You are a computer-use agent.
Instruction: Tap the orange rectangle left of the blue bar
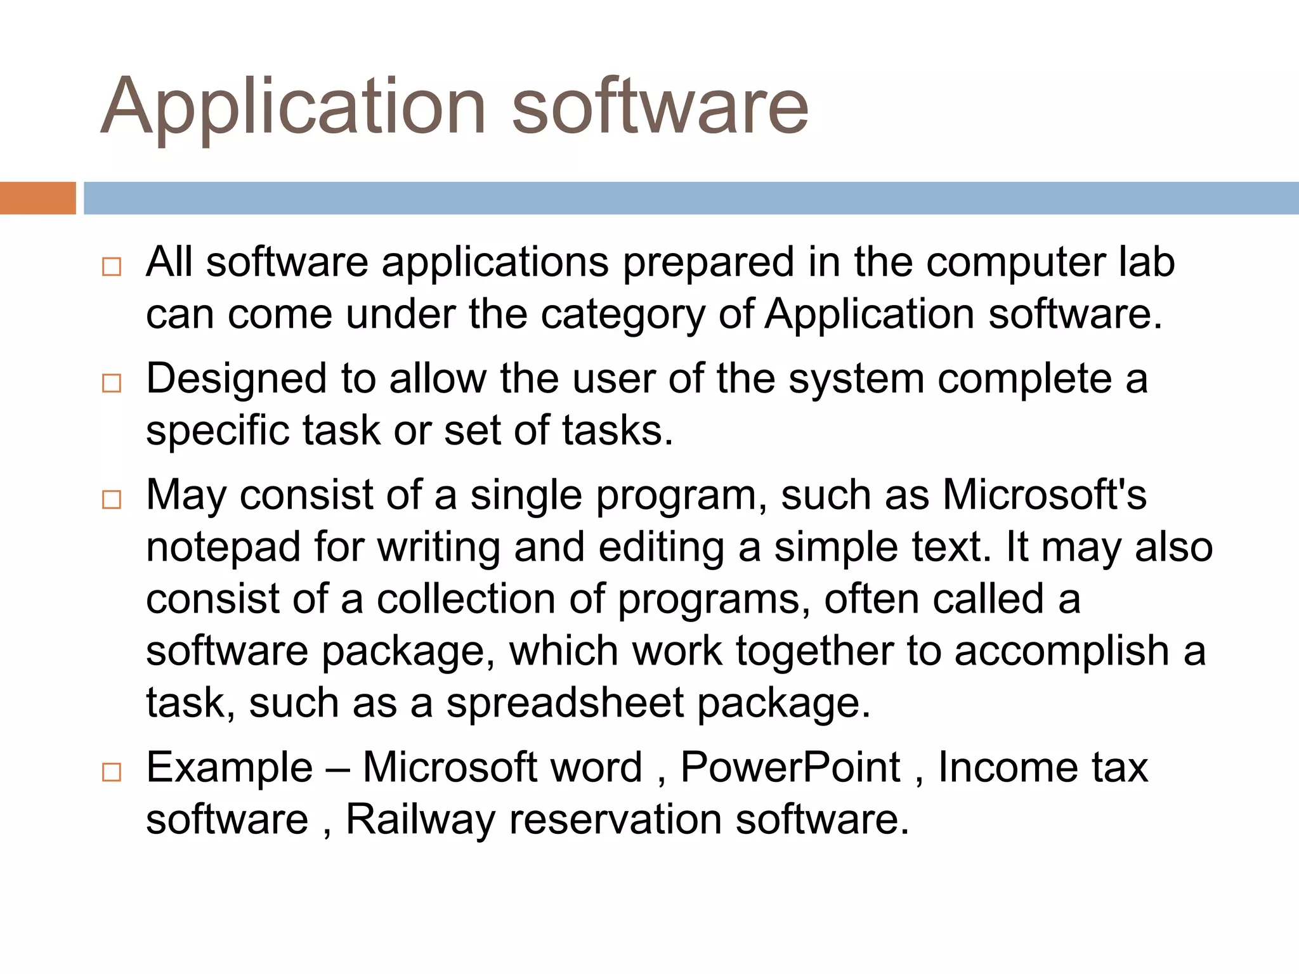click(x=37, y=198)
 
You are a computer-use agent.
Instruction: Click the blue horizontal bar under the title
click(x=691, y=198)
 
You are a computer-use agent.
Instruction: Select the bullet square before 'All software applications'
click(x=112, y=267)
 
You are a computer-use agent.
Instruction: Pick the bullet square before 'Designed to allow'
click(x=112, y=383)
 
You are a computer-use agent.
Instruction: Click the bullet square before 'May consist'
click(x=112, y=500)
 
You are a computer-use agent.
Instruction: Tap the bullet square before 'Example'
click(x=112, y=772)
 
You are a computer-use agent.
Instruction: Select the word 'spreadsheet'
click(x=565, y=703)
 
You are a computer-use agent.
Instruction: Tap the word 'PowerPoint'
click(x=790, y=767)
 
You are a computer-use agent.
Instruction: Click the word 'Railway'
click(x=420, y=819)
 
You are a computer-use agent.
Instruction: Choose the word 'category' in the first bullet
click(x=622, y=315)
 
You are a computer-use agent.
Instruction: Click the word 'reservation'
click(x=615, y=819)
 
